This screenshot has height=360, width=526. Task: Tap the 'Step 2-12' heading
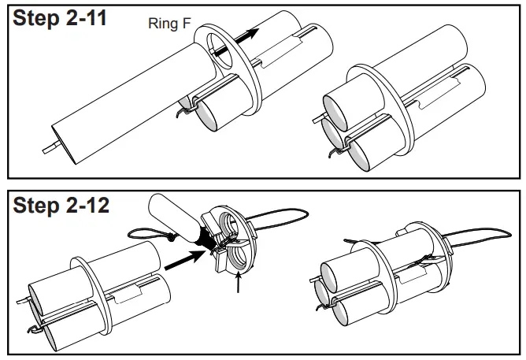[x=60, y=207]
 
